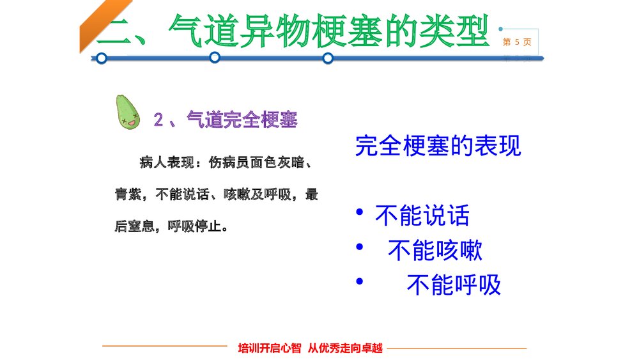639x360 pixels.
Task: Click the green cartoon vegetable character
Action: coord(128,112)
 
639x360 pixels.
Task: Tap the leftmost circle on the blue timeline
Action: coord(101,58)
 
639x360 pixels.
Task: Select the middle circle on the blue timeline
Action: coord(215,58)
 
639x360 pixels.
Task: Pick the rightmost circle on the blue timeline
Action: coord(328,58)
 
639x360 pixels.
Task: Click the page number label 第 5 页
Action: coord(517,42)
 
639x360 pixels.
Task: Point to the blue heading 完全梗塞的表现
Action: coord(438,146)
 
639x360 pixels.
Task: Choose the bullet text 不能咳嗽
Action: coord(435,250)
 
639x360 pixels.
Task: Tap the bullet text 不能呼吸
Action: coord(454,285)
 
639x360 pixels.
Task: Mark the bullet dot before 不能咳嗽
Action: coord(361,247)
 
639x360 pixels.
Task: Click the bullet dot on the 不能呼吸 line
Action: coord(361,281)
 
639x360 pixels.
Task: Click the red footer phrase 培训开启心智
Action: coord(269,348)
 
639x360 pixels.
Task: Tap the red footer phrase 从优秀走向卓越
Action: coord(345,348)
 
